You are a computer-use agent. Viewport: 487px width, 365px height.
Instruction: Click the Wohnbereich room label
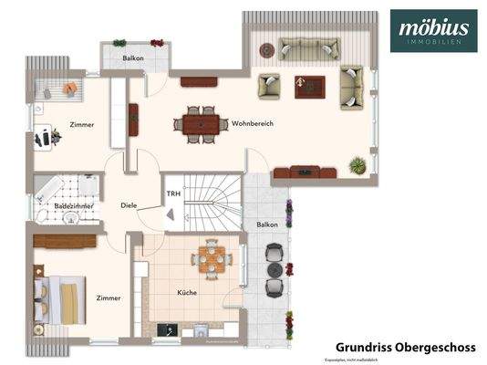click(x=253, y=123)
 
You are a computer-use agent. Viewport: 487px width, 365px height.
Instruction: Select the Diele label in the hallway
click(x=129, y=205)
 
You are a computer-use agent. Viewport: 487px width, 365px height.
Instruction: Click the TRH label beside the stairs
click(x=172, y=193)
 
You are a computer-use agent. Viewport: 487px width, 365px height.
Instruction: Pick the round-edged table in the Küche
click(x=211, y=259)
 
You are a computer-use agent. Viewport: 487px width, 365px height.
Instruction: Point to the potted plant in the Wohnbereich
click(x=357, y=165)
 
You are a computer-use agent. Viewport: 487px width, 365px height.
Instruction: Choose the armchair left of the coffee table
click(x=269, y=87)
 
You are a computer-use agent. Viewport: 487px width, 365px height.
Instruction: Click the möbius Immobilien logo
click(x=430, y=33)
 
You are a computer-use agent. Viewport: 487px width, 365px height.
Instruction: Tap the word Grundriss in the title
click(x=361, y=347)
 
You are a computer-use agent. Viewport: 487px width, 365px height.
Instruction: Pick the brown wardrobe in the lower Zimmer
click(x=65, y=241)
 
